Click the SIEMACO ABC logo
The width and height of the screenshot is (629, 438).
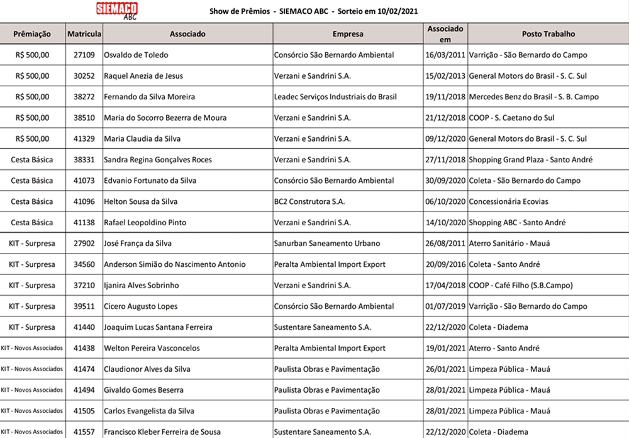pos(118,10)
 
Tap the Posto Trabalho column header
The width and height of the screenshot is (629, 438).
pos(548,34)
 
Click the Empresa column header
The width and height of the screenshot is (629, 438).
pos(347,34)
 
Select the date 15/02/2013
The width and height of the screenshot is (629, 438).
pos(445,76)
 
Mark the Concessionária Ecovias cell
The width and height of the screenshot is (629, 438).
pos(508,202)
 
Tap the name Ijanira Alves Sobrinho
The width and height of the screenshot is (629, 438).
pos(141,285)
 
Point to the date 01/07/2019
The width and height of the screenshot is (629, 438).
pos(445,306)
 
